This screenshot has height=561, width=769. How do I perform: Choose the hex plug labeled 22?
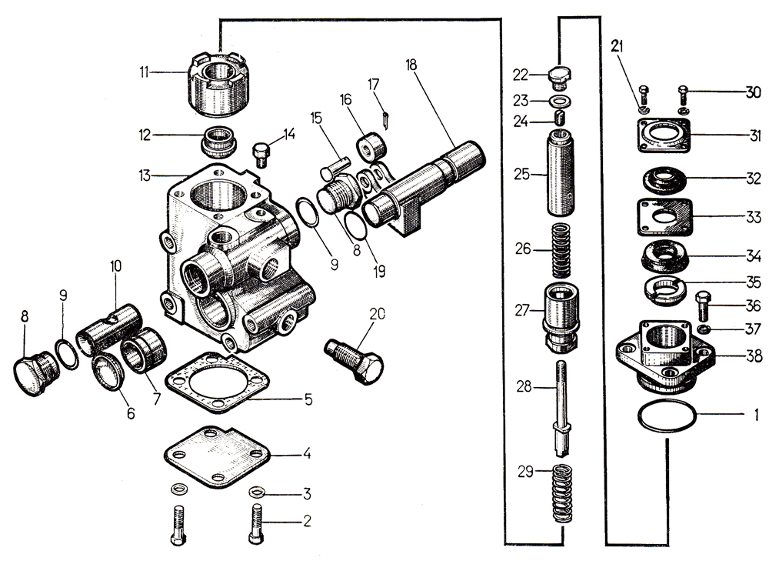pos(561,76)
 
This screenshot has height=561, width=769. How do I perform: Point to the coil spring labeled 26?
pos(561,249)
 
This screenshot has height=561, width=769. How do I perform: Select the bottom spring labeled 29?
pos(562,493)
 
